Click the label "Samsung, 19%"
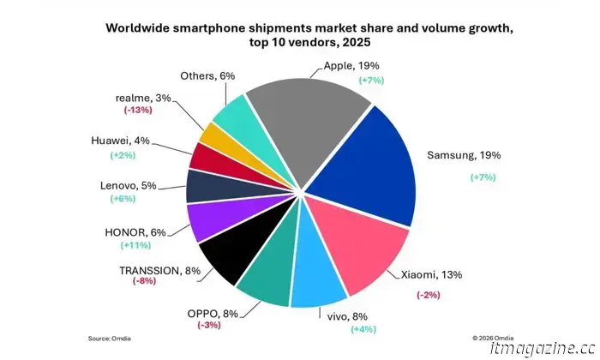(x=463, y=156)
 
